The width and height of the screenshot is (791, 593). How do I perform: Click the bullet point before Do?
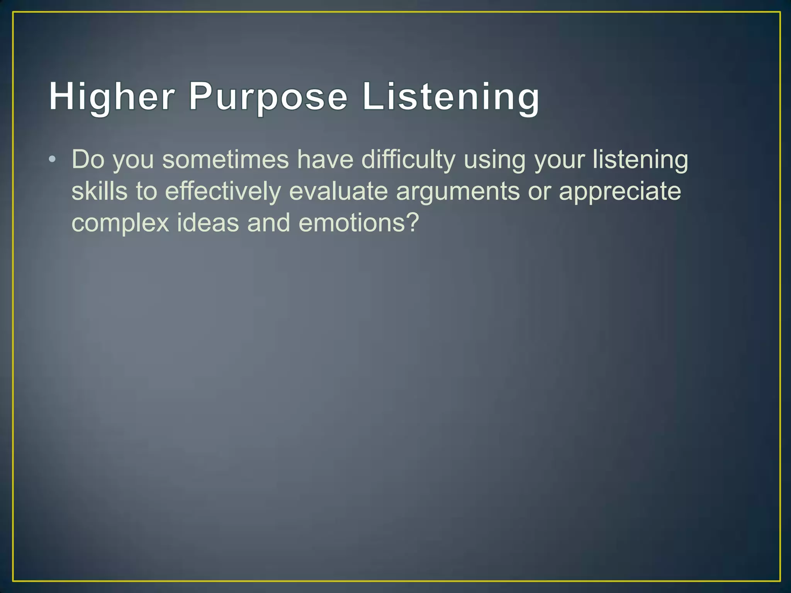[x=53, y=159]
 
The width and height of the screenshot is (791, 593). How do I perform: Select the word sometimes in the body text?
[x=225, y=159]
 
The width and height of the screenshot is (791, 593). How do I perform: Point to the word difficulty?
[x=408, y=159]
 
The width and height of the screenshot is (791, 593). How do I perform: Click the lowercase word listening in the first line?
[x=640, y=159]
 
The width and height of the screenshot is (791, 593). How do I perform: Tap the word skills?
[x=99, y=191]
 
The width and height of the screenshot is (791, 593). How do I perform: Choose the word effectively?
[x=223, y=191]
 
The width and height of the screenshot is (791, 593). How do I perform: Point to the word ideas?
[x=208, y=223]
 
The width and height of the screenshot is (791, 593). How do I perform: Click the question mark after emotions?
[x=412, y=223]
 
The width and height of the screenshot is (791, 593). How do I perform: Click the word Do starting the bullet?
[x=88, y=159]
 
